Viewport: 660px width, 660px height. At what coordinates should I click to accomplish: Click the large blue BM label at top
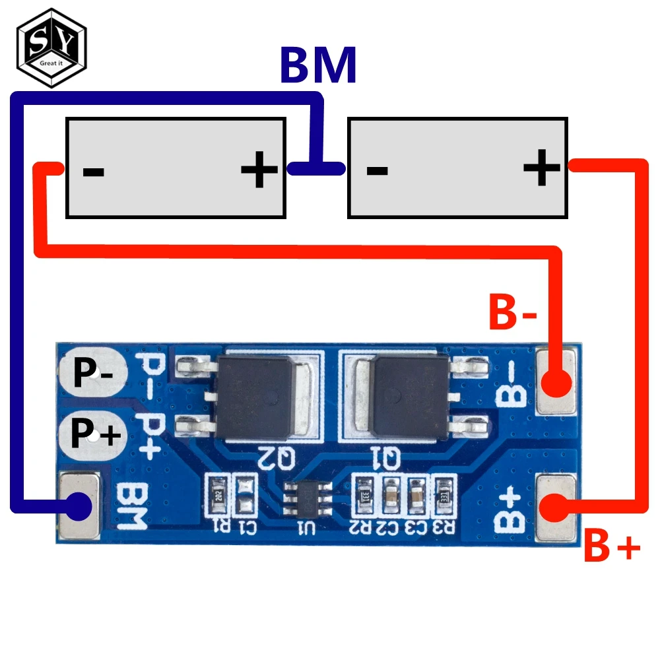(318, 65)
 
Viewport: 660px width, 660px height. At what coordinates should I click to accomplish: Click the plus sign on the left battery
(259, 170)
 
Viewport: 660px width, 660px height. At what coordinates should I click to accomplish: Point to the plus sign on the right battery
(541, 168)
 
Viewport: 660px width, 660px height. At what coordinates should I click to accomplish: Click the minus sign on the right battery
(376, 170)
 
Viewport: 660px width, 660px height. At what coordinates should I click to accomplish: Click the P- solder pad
(89, 373)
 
